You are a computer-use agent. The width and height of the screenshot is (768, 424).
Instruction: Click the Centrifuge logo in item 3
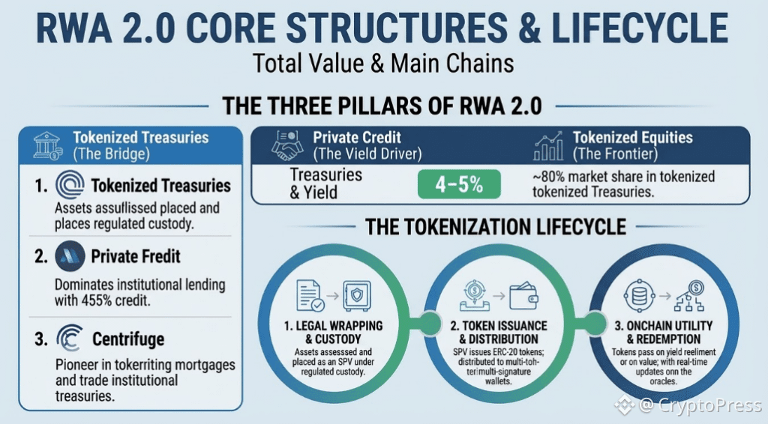coord(69,340)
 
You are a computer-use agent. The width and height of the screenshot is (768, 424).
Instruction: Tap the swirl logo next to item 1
coord(69,185)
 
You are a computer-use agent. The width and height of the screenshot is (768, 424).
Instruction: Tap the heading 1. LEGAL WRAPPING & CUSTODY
coord(333,334)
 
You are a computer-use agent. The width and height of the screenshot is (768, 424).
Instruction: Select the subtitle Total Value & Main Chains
coord(383,63)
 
